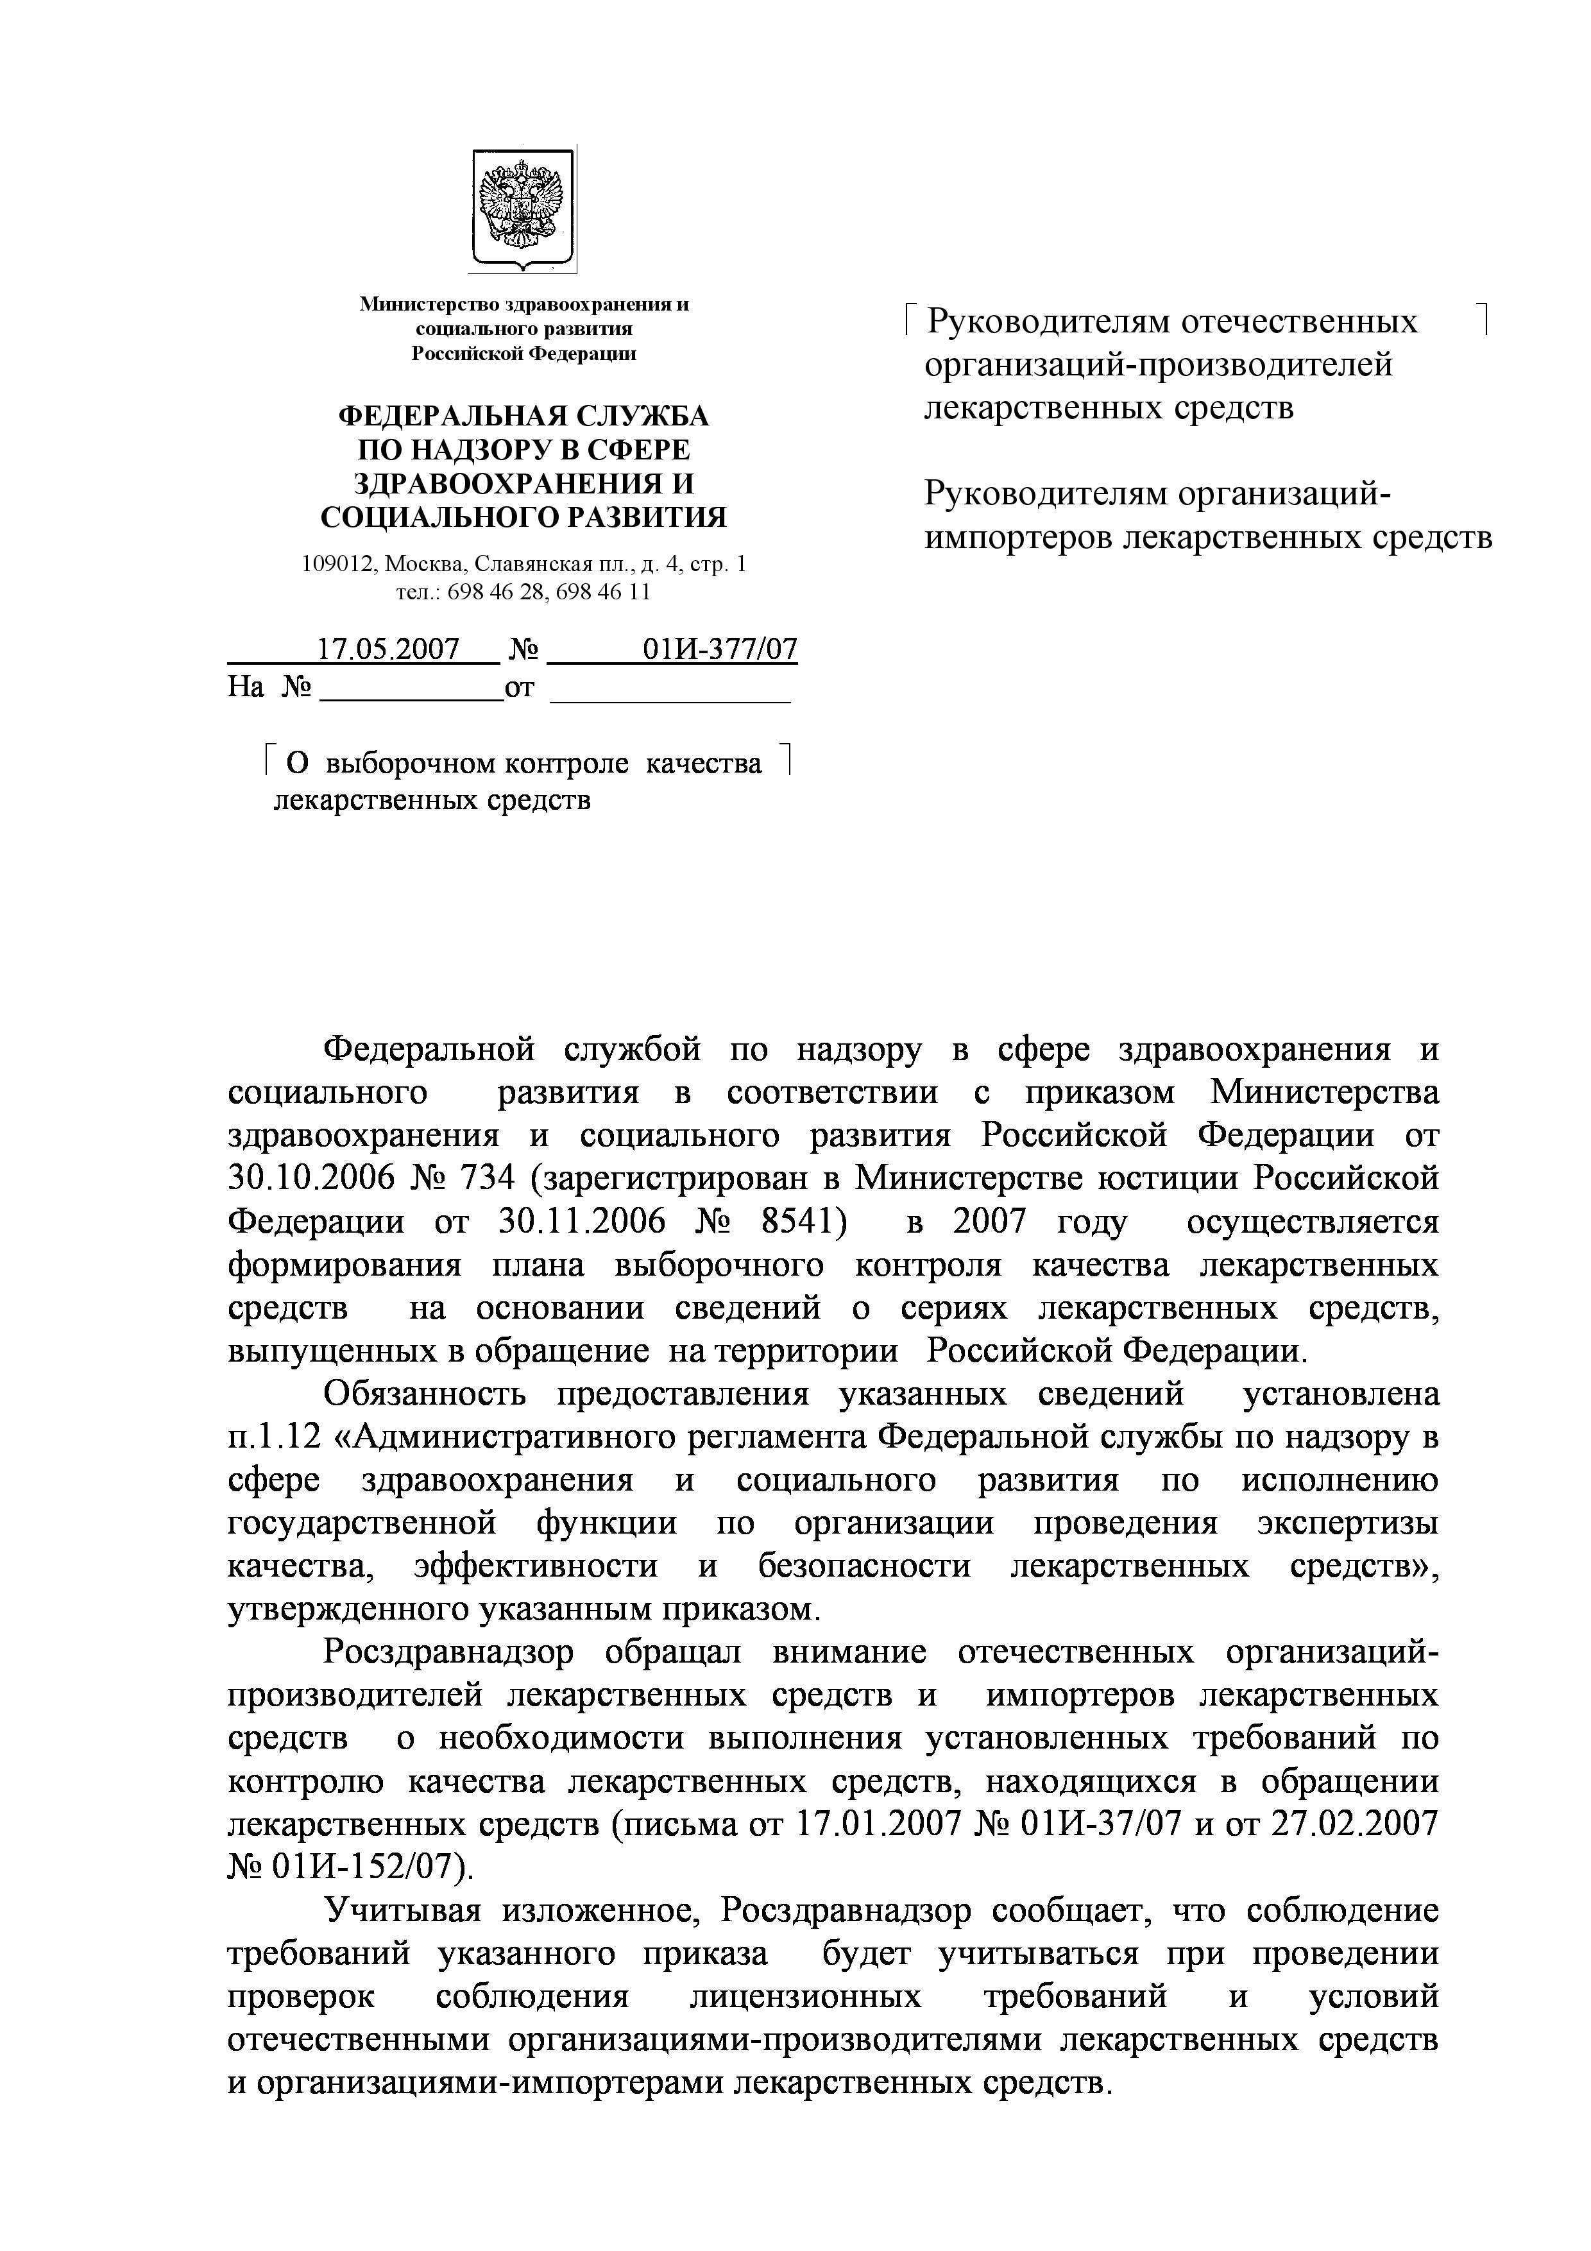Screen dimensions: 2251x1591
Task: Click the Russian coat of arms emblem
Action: pos(522,209)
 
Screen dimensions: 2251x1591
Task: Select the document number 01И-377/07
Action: pos(720,649)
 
